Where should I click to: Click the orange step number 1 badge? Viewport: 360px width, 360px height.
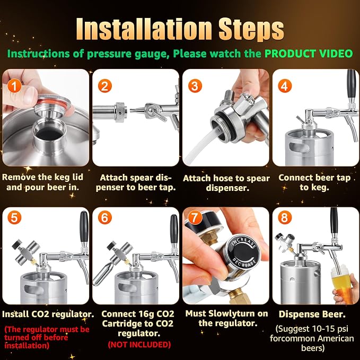click(14, 86)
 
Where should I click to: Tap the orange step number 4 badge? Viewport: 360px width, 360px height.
click(285, 86)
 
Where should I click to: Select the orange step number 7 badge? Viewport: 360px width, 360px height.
click(195, 217)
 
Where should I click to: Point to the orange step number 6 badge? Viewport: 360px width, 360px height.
click(104, 217)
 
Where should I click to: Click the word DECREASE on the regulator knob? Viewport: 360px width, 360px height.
click(244, 263)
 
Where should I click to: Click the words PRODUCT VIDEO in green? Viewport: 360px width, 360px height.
click(309, 54)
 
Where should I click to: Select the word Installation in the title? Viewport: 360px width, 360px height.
click(144, 29)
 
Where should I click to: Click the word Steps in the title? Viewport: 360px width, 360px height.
click(251, 30)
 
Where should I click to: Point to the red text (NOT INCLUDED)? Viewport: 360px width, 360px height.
click(139, 345)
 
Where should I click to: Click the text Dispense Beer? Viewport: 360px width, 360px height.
click(312, 314)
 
